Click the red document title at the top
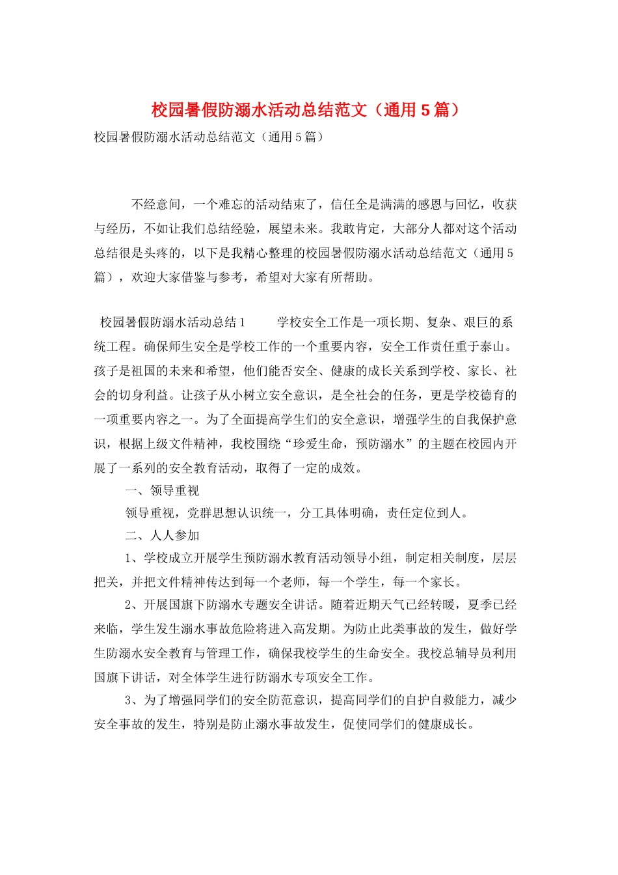(x=306, y=110)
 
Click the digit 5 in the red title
(x=425, y=110)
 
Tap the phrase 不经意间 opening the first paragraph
(x=156, y=204)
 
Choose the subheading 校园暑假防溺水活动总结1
(x=172, y=322)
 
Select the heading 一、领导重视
(x=162, y=491)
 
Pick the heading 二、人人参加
(x=162, y=535)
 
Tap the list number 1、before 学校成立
(x=132, y=558)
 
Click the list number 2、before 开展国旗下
(x=132, y=605)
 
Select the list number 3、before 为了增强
(x=132, y=700)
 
